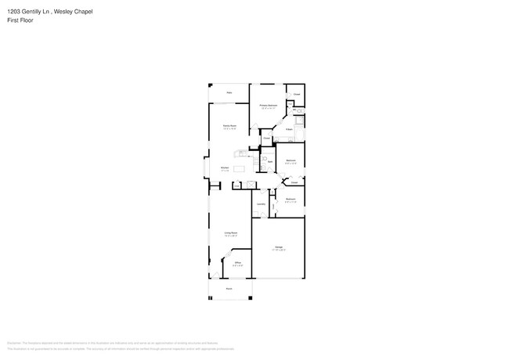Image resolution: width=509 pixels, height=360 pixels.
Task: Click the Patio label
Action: coord(229,93)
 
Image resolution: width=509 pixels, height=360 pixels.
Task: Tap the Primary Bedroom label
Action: coord(269,105)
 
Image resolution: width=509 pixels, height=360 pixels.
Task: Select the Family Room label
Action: coord(230,125)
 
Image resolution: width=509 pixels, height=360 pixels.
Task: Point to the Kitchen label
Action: coord(224,167)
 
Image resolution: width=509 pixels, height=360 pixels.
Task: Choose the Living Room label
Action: coord(231,232)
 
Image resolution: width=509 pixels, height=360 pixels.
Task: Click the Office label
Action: coord(237,262)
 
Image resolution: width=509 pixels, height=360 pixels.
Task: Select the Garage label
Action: coord(279,247)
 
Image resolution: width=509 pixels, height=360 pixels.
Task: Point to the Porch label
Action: coord(229,288)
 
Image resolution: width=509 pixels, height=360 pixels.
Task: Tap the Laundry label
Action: coord(261,204)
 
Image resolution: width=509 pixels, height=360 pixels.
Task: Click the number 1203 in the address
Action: coord(13,12)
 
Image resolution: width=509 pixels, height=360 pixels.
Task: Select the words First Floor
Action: coord(20,20)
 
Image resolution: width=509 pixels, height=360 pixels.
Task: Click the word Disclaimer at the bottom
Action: coord(13,343)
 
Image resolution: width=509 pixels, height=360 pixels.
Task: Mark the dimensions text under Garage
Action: coord(279,250)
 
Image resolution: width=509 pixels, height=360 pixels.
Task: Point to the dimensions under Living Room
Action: coord(231,236)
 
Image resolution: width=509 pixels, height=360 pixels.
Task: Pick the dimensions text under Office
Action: coord(237,265)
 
